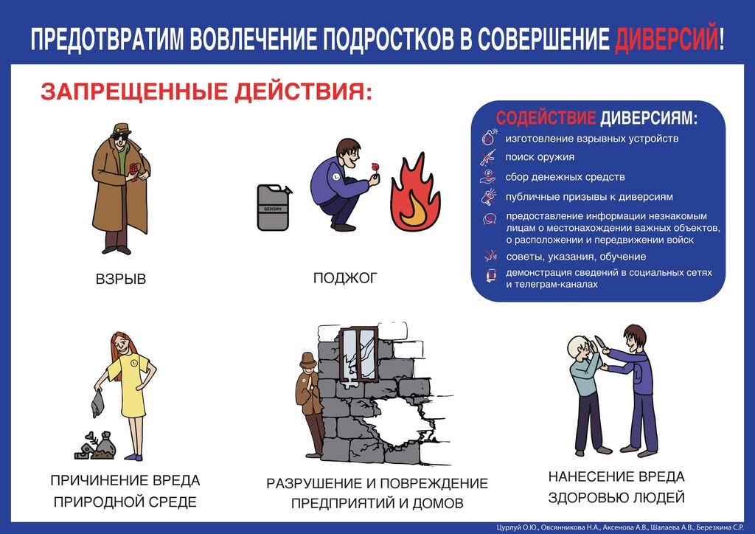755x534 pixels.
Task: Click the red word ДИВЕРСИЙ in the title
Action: point(667,38)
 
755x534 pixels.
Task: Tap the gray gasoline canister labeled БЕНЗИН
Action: point(274,207)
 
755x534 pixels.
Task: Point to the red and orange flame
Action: point(415,192)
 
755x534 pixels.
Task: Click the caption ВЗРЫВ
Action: point(120,280)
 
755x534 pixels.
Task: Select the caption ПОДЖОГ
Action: point(345,278)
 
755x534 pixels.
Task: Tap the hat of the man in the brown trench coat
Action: point(121,128)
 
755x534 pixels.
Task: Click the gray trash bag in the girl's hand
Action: point(98,403)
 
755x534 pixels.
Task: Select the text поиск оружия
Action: point(540,157)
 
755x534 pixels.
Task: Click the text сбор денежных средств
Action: point(565,177)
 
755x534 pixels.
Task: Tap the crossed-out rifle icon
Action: point(488,157)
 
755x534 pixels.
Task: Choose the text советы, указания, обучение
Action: point(576,257)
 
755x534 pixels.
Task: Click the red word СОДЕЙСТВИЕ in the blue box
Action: point(546,117)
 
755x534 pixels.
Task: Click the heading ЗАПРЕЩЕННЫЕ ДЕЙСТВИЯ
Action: point(206,91)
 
